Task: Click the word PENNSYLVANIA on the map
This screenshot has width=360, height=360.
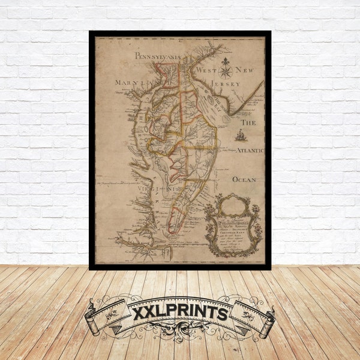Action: pos(157,56)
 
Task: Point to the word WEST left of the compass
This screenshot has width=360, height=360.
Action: pos(206,71)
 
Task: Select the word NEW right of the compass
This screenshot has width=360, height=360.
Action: pos(244,70)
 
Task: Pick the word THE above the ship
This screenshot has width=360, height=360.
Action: pos(248,122)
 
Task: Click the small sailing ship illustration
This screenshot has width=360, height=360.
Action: pos(241,135)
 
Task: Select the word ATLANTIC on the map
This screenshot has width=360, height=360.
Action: pos(248,151)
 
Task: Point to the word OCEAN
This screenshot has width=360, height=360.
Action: pos(244,179)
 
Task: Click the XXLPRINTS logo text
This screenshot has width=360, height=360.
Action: pos(179,314)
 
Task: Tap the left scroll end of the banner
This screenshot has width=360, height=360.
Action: pos(92,318)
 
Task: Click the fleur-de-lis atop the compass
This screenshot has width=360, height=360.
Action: pos(226,62)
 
